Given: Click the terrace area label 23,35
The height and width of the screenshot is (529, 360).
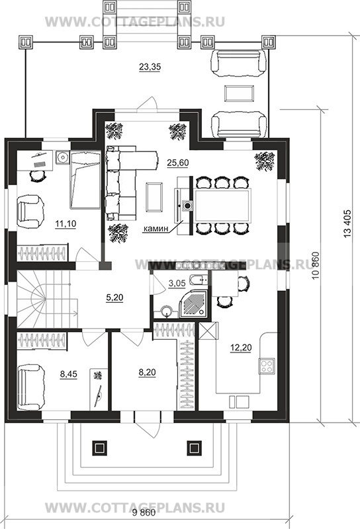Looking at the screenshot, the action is pyautogui.click(x=150, y=67).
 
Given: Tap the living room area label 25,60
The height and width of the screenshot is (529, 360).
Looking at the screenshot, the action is pyautogui.click(x=178, y=163).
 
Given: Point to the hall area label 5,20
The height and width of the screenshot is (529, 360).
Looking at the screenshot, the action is pyautogui.click(x=114, y=298).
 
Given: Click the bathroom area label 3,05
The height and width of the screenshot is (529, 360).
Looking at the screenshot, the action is pyautogui.click(x=177, y=283).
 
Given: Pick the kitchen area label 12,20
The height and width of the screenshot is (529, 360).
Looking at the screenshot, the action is pyautogui.click(x=241, y=347).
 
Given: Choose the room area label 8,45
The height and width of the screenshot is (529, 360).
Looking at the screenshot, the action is pyautogui.click(x=69, y=374).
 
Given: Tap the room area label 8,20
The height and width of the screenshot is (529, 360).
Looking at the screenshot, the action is pyautogui.click(x=147, y=372).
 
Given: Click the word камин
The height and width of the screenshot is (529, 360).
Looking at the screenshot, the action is pyautogui.click(x=156, y=228).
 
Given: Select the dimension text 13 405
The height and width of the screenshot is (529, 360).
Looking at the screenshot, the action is pyautogui.click(x=347, y=224).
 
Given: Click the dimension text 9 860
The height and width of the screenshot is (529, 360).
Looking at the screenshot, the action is pyautogui.click(x=144, y=513).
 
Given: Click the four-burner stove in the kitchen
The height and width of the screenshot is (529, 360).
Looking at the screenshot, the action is pyautogui.click(x=267, y=366).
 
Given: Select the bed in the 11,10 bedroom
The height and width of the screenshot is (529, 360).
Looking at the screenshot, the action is pyautogui.click(x=85, y=180).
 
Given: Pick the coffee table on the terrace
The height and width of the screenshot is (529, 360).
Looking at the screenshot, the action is pyautogui.click(x=240, y=93).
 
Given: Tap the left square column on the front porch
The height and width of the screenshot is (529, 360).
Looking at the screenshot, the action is pyautogui.click(x=99, y=448).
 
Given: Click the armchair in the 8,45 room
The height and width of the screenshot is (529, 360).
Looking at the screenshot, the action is pyautogui.click(x=30, y=388).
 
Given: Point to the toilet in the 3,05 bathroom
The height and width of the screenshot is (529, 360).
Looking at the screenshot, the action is pyautogui.click(x=197, y=280).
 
